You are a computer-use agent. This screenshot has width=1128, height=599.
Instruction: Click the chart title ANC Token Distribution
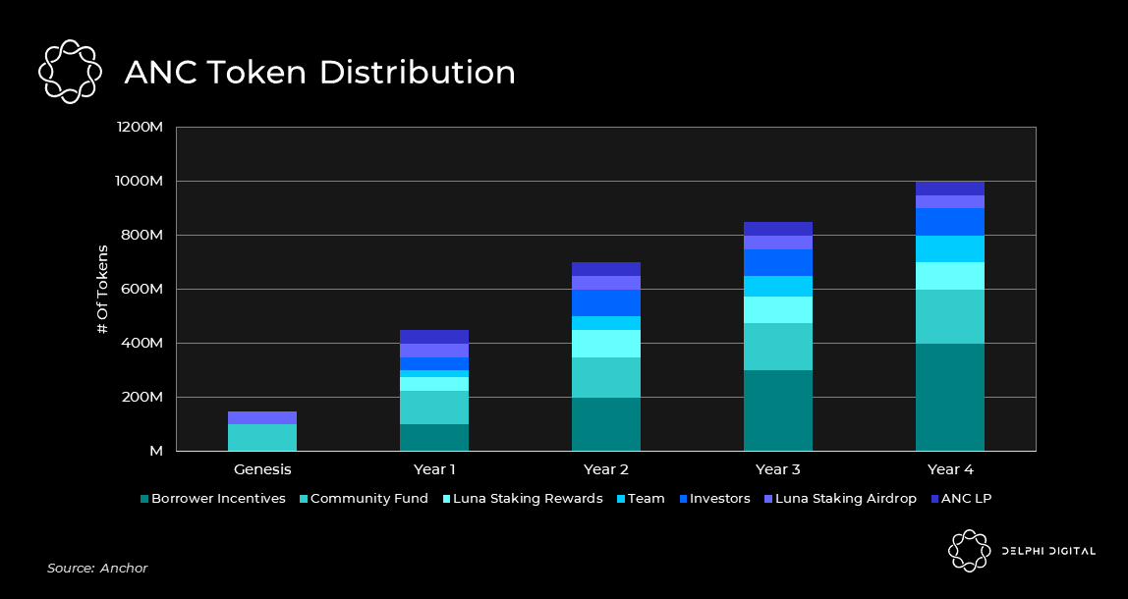pyautogui.click(x=319, y=73)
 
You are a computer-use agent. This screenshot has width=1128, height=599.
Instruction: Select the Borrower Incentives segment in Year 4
pyautogui.click(x=949, y=397)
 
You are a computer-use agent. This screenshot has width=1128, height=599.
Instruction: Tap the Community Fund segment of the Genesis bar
pyautogui.click(x=262, y=437)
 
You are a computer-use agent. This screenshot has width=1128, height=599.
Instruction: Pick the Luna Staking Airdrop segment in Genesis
pyautogui.click(x=262, y=417)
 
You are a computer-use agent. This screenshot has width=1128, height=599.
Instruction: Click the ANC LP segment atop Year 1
pyautogui.click(x=433, y=337)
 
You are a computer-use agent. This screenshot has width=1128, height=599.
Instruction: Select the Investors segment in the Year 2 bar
pyautogui.click(x=605, y=302)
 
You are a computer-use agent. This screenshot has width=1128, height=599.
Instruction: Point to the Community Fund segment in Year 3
pyautogui.click(x=777, y=347)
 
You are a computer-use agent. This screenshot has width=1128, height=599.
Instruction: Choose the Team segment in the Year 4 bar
pyautogui.click(x=949, y=248)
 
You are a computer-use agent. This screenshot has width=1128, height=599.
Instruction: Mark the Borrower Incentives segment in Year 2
pyautogui.click(x=605, y=424)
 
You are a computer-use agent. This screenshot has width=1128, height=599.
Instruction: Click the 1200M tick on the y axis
pyautogui.click(x=139, y=128)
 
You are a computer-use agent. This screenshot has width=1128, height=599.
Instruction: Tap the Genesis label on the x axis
pyautogui.click(x=262, y=469)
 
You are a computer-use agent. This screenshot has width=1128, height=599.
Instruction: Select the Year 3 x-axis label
pyautogui.click(x=777, y=469)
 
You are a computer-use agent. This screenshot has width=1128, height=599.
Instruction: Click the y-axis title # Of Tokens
pyautogui.click(x=102, y=289)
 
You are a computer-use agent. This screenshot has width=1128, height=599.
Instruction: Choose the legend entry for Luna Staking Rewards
pyautogui.click(x=527, y=499)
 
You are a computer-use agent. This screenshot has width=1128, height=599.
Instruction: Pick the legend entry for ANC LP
pyautogui.click(x=962, y=499)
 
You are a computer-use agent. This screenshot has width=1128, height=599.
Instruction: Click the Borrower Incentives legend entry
pyautogui.click(x=212, y=499)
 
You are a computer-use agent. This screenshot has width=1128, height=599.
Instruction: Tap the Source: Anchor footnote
pyautogui.click(x=97, y=569)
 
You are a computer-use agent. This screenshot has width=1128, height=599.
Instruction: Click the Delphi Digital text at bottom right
pyautogui.click(x=1047, y=551)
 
